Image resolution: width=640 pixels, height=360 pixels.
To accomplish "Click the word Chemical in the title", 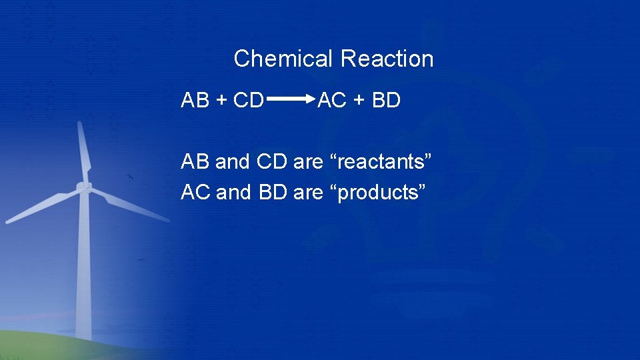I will pos(284,59).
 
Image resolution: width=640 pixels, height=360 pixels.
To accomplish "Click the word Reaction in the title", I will pos(387,59).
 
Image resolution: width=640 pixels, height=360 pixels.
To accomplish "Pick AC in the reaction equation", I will pos(331,101).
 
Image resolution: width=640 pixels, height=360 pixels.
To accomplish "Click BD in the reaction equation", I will pos(386,101).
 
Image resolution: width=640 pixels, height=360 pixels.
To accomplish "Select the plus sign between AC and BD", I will pos(359,101).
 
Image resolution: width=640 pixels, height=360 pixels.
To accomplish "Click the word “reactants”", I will pos(381,162).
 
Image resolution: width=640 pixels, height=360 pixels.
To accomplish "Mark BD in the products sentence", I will pos(271,193).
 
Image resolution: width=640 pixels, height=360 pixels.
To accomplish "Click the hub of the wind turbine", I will pos(84,187).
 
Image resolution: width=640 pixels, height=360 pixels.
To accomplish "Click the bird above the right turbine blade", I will pos(131,177).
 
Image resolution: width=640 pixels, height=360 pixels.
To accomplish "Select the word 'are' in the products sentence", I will pos(307,193).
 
